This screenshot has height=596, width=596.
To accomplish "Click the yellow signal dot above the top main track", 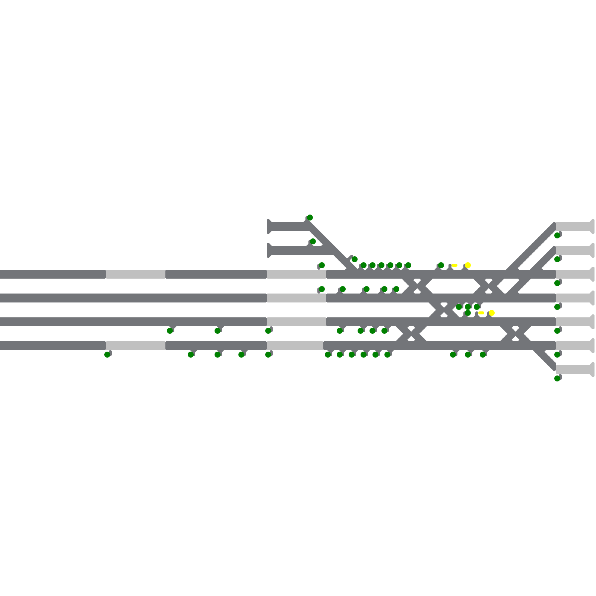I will click(468, 265).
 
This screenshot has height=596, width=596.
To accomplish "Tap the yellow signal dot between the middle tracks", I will click(492, 313).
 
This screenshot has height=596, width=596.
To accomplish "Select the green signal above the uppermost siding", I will click(310, 218).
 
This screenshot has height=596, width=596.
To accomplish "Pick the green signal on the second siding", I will click(313, 241).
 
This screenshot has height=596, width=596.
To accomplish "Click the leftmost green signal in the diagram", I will click(107, 355).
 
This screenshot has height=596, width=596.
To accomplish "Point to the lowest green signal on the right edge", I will click(557, 378).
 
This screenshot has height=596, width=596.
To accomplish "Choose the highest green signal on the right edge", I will click(557, 235).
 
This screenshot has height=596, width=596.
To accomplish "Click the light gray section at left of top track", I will click(136, 274).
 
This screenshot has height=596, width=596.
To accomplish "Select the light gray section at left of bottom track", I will click(136, 346).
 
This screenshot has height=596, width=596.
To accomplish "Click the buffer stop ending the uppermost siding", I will click(269, 226).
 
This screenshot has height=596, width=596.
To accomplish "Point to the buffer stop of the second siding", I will click(269, 250).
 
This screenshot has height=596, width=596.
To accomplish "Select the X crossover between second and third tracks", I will click(443, 310).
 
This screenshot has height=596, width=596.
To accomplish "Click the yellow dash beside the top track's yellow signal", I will click(454, 265).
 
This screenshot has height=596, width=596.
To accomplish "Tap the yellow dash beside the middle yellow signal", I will click(481, 313).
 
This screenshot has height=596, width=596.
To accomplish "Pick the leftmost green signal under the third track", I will click(170, 331).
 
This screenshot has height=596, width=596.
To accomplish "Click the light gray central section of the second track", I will click(297, 298).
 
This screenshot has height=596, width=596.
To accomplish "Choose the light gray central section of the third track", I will click(297, 322).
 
